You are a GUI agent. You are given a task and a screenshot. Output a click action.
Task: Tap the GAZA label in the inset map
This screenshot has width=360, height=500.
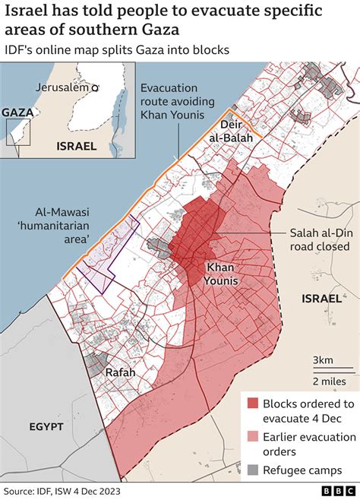pos(17,112)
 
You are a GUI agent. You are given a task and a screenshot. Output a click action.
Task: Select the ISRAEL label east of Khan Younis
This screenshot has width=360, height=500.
pos(321,299)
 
